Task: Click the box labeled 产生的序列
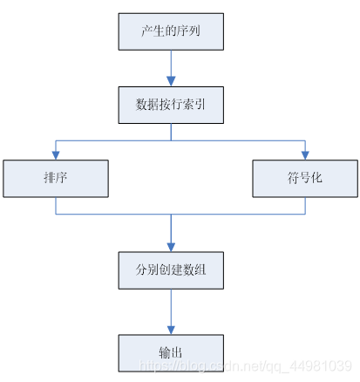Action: [171, 32]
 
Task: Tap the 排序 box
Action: [57, 178]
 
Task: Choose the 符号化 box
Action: [305, 178]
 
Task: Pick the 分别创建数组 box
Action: [171, 270]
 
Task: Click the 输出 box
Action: [171, 351]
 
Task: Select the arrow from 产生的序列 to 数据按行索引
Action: [171, 69]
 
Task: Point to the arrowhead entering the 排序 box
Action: [57, 155]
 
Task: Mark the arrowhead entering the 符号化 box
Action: [305, 155]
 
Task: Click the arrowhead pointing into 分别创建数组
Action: [171, 247]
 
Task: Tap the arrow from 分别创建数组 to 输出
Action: [171, 311]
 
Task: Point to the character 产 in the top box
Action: [147, 32]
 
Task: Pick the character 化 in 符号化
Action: [320, 178]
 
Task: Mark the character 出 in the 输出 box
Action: [179, 351]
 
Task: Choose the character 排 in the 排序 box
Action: [50, 178]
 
